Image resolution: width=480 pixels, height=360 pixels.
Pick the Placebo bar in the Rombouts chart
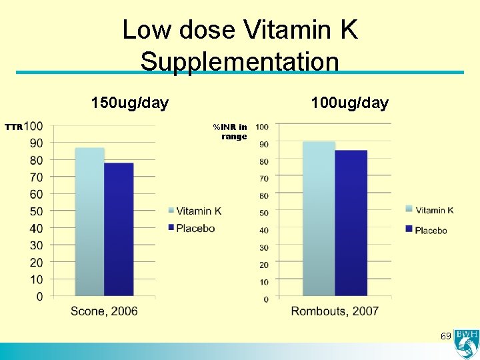pyautogui.click(x=351, y=223)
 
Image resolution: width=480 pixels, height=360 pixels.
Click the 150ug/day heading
pyautogui.click(x=130, y=103)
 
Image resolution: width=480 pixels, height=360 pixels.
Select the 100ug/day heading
pyautogui.click(x=349, y=103)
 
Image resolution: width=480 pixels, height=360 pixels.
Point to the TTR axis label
pyautogui.click(x=14, y=127)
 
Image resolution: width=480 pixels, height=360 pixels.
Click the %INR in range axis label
pyautogui.click(x=231, y=131)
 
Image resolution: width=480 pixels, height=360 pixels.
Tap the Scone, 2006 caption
pyautogui.click(x=104, y=311)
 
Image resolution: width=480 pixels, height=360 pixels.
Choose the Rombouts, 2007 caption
pyautogui.click(x=335, y=311)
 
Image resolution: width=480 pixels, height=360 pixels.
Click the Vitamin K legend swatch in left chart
pyautogui.click(x=171, y=211)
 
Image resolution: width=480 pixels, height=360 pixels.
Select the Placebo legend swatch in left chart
pyautogui.click(x=171, y=228)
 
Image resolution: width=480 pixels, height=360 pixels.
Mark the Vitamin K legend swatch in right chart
pyautogui.click(x=409, y=209)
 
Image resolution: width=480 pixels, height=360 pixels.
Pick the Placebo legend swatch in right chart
pyautogui.click(x=409, y=229)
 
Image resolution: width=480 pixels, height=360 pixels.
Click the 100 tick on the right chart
pyautogui.click(x=262, y=127)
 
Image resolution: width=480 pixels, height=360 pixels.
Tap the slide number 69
pyautogui.click(x=446, y=335)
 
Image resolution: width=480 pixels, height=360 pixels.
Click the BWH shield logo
pyautogui.click(x=465, y=345)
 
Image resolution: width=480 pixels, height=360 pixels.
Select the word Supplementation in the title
pyautogui.click(x=240, y=61)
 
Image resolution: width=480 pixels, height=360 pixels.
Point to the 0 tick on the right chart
pyautogui.click(x=266, y=299)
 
